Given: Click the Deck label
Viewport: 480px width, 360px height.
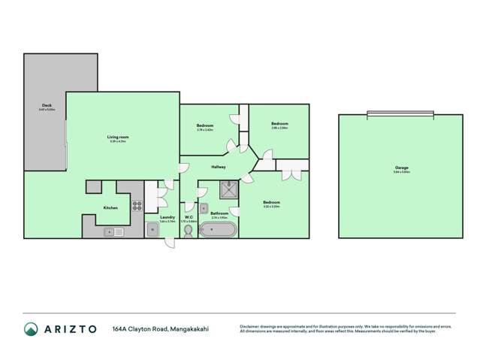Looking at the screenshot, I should (x=47, y=105).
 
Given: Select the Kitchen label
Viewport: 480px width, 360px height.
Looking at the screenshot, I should (x=110, y=208).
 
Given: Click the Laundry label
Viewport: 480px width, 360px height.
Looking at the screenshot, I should (x=168, y=217).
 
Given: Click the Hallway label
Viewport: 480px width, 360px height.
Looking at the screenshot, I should (x=219, y=166).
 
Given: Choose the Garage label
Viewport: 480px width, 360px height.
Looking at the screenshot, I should (x=401, y=167).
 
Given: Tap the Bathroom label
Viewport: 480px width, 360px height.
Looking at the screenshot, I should (x=219, y=213).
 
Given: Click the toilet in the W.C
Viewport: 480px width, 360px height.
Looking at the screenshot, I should (x=188, y=231).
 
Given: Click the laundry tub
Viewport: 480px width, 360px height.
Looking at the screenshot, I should (x=152, y=230).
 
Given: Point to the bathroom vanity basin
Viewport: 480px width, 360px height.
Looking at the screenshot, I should (x=204, y=207).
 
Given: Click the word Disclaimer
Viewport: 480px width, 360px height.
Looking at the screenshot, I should (x=250, y=326).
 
